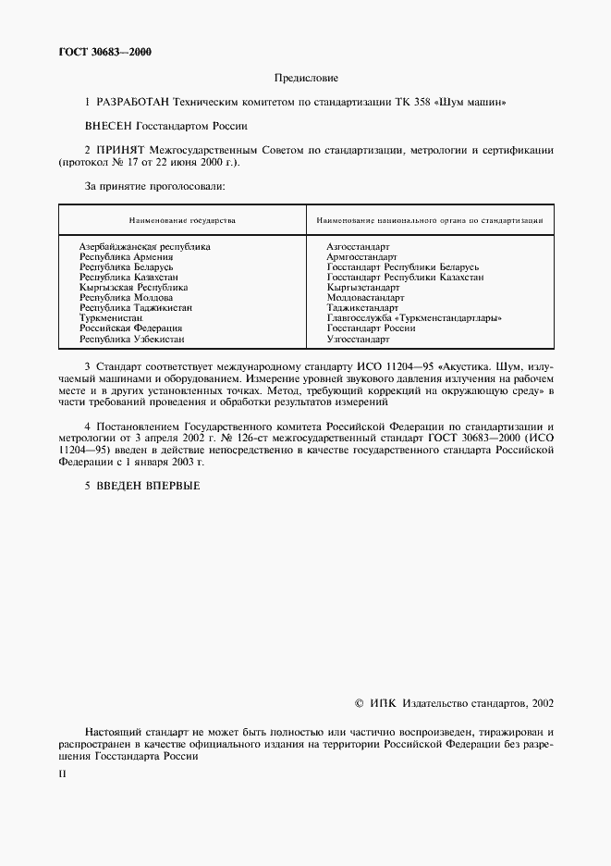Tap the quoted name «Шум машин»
478,102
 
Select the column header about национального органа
429,221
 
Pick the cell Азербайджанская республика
144,247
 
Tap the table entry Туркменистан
111,318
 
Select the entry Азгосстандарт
358,247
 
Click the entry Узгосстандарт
358,340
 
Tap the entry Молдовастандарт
365,298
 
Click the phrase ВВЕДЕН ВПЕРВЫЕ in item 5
148,486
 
